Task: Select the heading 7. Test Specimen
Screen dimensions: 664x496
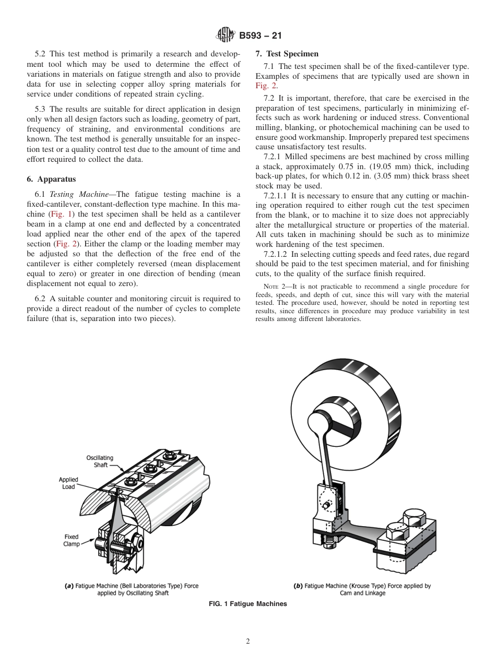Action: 287,54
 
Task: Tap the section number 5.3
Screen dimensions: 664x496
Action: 41,109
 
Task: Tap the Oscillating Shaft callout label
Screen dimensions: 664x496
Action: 100,461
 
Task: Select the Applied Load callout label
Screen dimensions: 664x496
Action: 68,483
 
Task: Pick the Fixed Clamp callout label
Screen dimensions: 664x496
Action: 72,540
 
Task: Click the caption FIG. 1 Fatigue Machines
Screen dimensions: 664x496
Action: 247,604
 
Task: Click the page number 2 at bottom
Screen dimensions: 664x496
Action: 247,642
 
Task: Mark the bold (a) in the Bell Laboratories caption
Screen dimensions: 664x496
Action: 68,586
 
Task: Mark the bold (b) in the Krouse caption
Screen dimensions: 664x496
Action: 298,586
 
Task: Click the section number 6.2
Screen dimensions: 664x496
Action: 41,299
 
